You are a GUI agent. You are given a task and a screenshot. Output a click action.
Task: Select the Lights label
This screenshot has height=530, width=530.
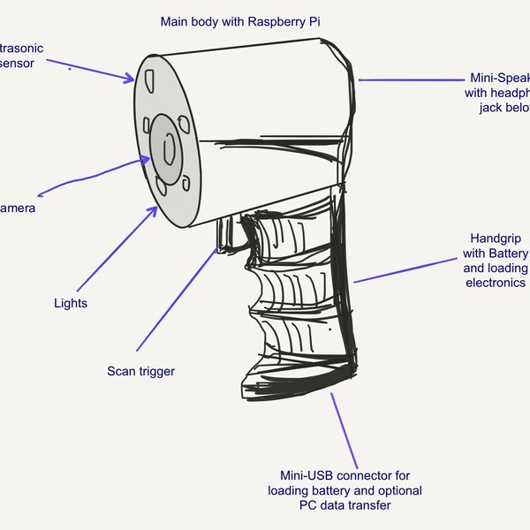(x=71, y=303)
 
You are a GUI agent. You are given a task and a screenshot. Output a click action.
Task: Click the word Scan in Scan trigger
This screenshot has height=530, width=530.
(x=121, y=371)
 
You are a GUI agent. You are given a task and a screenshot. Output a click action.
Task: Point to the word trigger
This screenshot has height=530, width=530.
(x=156, y=371)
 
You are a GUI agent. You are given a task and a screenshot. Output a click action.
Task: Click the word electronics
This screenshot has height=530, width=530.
(x=496, y=283)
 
